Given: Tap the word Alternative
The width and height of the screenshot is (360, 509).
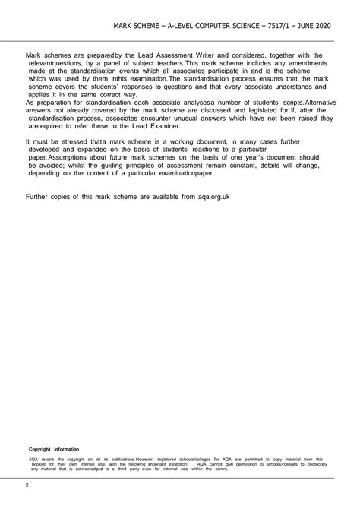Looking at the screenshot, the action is pos(307,102).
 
